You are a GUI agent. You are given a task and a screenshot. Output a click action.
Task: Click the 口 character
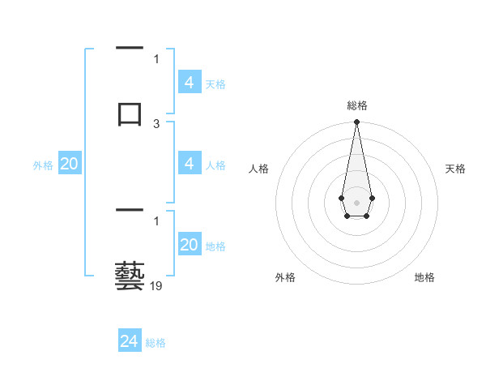pyautogui.click(x=130, y=113)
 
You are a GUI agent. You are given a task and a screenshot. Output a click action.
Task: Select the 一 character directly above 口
pyautogui.click(x=130, y=49)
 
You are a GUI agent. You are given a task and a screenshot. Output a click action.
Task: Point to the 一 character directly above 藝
pyautogui.click(x=130, y=212)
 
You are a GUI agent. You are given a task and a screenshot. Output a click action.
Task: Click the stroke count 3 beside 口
pyautogui.click(x=156, y=124)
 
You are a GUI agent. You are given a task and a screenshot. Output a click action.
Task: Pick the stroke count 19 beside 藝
pyautogui.click(x=156, y=286)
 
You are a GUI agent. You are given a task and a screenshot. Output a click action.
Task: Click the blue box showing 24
pyautogui.click(x=130, y=341)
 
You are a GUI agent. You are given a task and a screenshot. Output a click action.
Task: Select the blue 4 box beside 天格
pyautogui.click(x=190, y=82)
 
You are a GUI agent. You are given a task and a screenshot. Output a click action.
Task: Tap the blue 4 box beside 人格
pyautogui.click(x=190, y=164)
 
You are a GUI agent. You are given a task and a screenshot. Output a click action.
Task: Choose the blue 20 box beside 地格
pyautogui.click(x=190, y=245)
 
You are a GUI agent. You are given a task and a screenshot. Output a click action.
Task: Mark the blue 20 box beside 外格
pyautogui.click(x=70, y=164)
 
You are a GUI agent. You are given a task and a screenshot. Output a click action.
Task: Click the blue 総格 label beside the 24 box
pyautogui.click(x=156, y=343)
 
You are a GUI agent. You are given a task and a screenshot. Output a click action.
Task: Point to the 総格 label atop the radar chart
pyautogui.click(x=356, y=105)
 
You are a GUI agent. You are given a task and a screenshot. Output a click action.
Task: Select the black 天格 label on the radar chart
pyautogui.click(x=455, y=169)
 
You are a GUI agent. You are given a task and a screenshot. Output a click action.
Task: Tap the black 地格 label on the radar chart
pyautogui.click(x=424, y=277)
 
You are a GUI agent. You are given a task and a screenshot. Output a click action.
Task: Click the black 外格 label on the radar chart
pyautogui.click(x=285, y=277)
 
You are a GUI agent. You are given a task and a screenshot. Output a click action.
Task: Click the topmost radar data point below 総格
pyautogui.click(x=356, y=122)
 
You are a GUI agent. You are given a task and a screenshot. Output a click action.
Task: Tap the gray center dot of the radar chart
pyautogui.click(x=356, y=201)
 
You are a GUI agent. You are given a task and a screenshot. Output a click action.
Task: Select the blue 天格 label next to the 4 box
pyautogui.click(x=215, y=83)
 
